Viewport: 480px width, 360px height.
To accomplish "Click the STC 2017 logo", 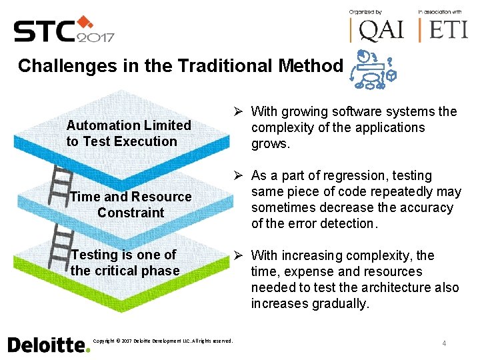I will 64,29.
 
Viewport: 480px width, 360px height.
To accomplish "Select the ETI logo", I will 443,29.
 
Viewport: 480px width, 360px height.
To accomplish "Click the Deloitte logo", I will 48,345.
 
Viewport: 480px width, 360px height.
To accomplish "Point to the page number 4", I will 443,343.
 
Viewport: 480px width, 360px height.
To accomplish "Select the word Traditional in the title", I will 234,66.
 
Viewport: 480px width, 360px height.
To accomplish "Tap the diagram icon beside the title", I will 373,69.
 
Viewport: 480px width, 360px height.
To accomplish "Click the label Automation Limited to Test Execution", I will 129,133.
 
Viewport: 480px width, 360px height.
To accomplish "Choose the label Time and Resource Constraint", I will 131,205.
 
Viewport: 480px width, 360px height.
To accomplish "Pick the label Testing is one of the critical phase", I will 125,263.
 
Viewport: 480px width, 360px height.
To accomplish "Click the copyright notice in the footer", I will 163,341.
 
